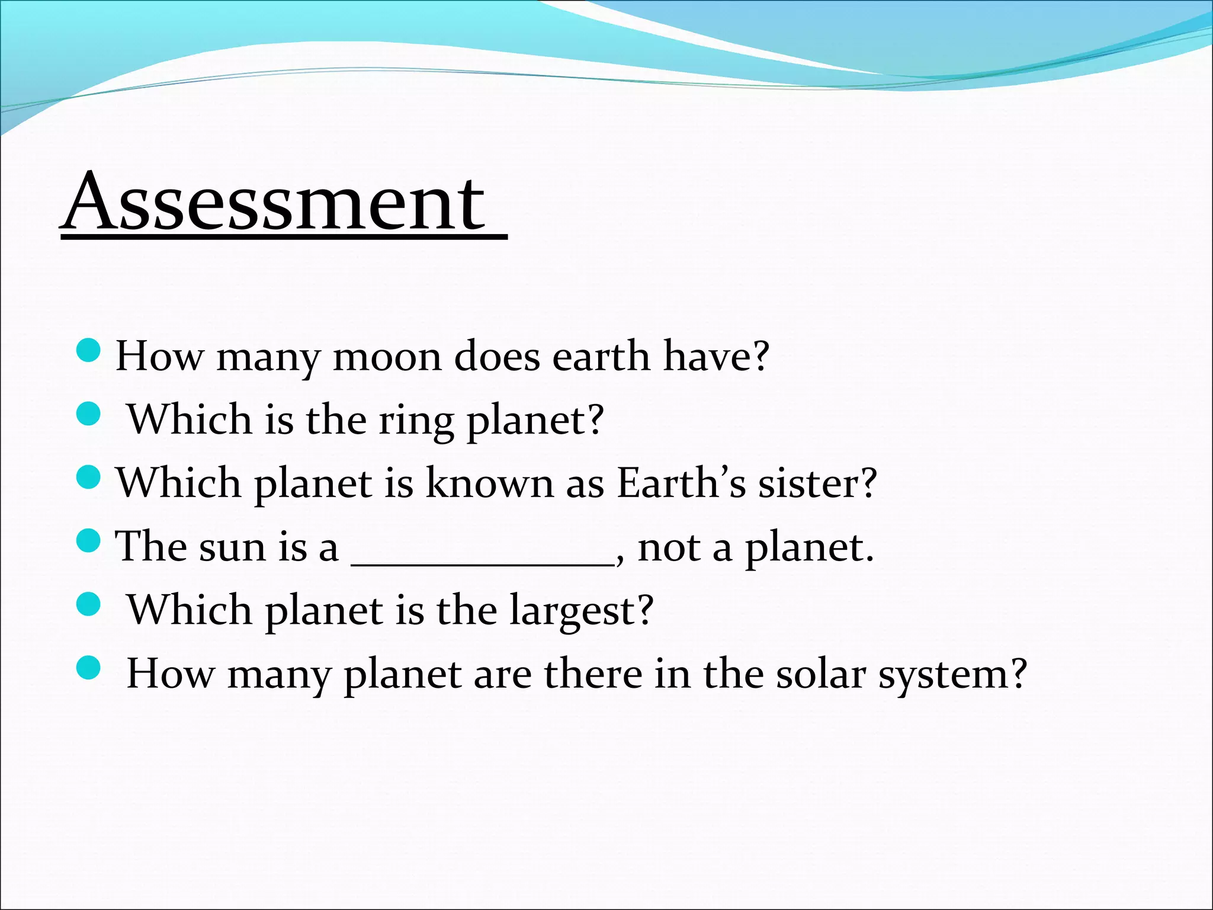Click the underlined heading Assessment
(275, 201)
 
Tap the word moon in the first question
(387, 357)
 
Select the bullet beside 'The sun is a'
(89, 540)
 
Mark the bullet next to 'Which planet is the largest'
(89, 604)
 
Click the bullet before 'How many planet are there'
(89, 668)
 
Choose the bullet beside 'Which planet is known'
(89, 477)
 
